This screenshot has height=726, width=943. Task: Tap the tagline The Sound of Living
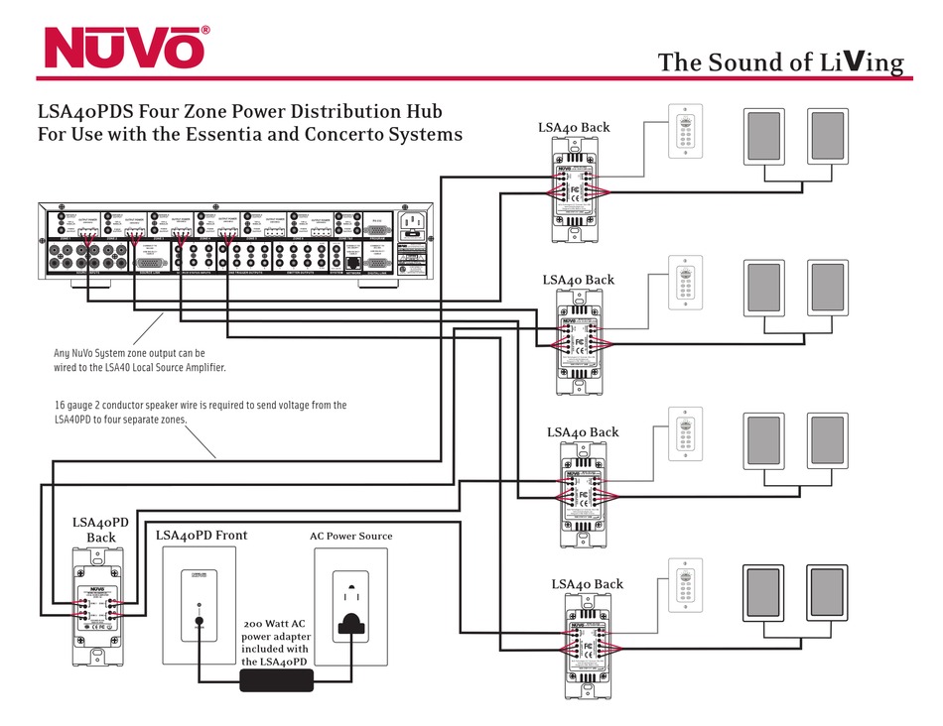point(780,62)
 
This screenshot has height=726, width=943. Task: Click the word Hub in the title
point(422,112)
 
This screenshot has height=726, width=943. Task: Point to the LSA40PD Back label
point(100,530)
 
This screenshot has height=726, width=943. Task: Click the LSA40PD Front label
point(202,536)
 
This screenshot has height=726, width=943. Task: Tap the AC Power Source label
point(350,537)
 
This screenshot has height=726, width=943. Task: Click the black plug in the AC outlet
point(350,622)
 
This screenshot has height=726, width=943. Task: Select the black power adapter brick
point(276,680)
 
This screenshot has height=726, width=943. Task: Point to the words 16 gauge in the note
point(79,405)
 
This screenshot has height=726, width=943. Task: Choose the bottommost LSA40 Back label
point(587,584)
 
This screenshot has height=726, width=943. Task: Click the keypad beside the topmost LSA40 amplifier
point(684,130)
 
